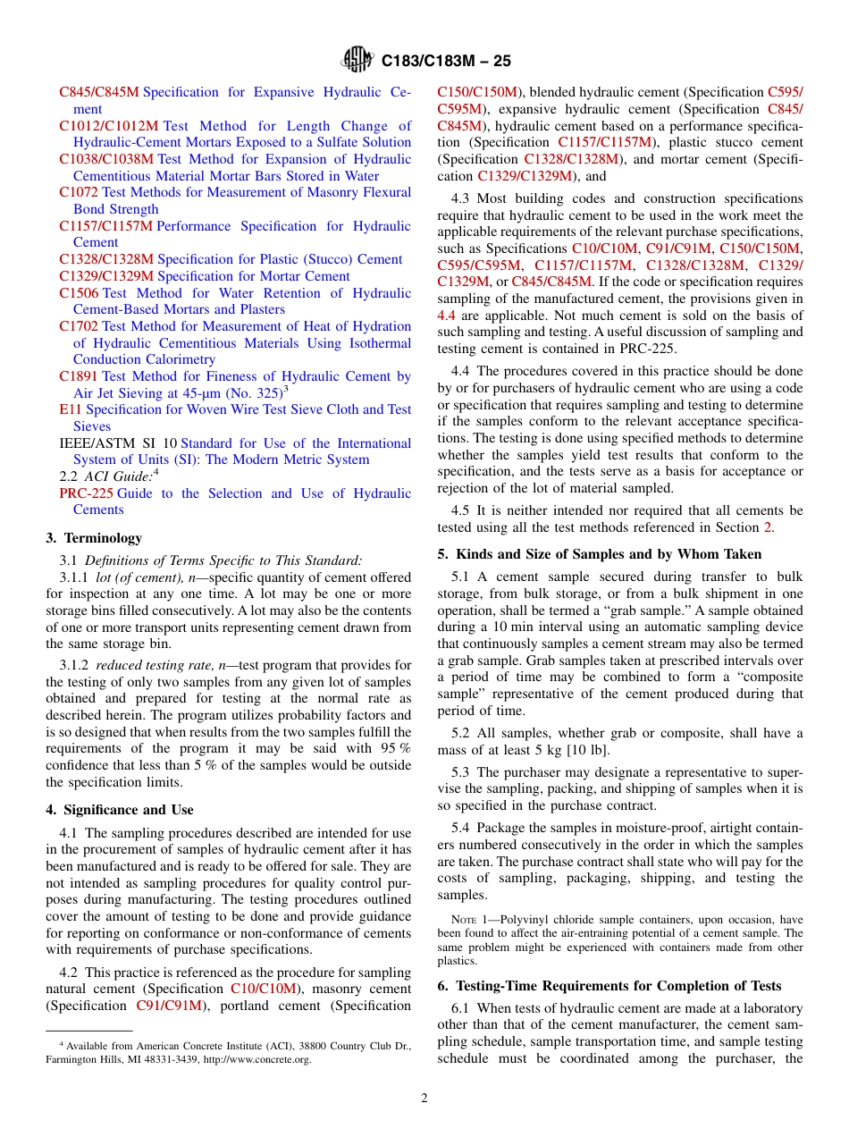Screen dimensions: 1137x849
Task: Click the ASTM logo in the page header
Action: click(357, 61)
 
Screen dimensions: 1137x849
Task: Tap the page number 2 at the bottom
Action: click(424, 1099)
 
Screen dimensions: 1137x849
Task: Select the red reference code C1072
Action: click(79, 193)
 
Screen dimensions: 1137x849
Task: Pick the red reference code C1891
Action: click(79, 377)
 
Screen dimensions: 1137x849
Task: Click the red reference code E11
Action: click(70, 410)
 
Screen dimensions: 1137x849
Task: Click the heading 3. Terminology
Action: click(94, 538)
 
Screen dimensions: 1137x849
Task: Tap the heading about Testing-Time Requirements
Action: click(609, 986)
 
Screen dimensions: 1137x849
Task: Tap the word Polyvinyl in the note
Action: click(525, 920)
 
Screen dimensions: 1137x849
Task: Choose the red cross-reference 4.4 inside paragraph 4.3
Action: click(446, 316)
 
